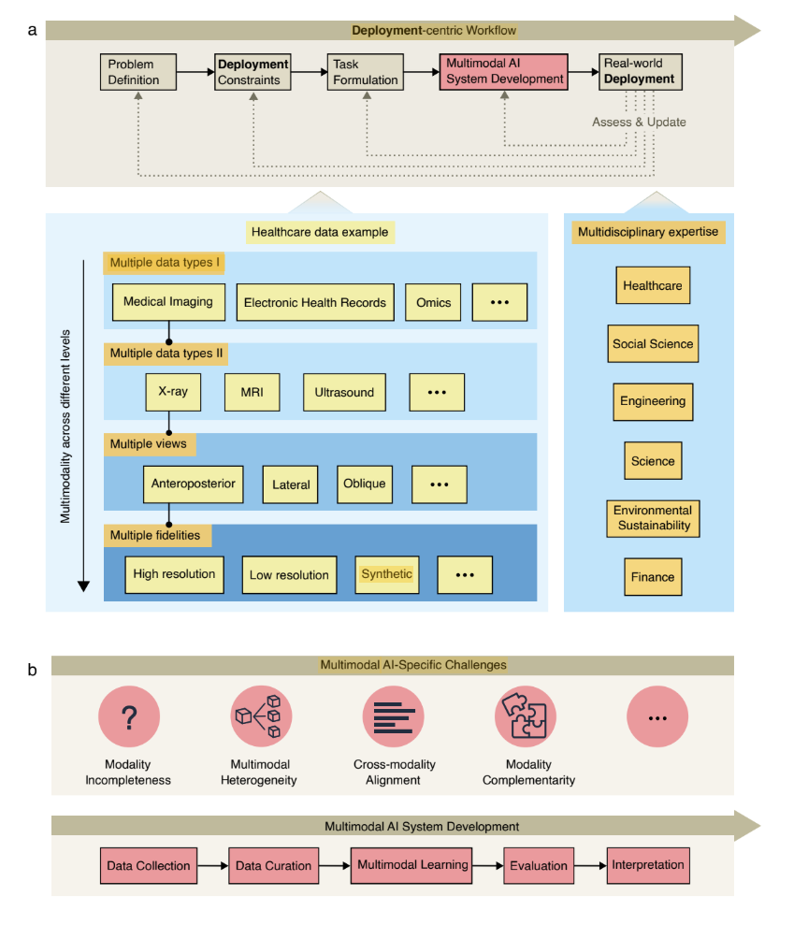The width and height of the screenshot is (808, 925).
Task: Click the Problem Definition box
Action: (138, 72)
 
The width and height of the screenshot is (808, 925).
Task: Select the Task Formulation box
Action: (366, 72)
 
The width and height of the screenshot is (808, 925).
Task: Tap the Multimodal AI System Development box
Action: (505, 72)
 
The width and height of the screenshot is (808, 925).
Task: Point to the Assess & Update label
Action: (639, 123)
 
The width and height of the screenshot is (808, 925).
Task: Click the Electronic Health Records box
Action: (315, 302)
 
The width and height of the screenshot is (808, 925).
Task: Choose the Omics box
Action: (434, 302)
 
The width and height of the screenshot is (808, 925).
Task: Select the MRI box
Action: (252, 393)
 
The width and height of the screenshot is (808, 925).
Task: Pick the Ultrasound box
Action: (344, 393)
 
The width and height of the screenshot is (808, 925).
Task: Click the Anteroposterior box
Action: (194, 484)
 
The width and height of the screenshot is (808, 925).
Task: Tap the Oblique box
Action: (363, 484)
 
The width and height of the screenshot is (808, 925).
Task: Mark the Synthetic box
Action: (386, 573)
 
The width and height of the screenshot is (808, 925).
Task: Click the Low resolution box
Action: (289, 575)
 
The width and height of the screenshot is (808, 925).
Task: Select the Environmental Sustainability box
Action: (653, 518)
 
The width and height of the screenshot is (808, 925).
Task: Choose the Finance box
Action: (653, 577)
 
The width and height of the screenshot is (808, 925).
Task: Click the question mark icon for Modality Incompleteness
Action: (129, 717)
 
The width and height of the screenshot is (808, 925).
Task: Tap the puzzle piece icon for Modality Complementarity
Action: (526, 717)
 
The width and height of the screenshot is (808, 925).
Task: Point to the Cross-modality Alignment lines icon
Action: (393, 717)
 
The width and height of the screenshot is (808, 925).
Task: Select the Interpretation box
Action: (648, 865)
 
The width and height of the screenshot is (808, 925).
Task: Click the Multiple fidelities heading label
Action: (158, 536)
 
